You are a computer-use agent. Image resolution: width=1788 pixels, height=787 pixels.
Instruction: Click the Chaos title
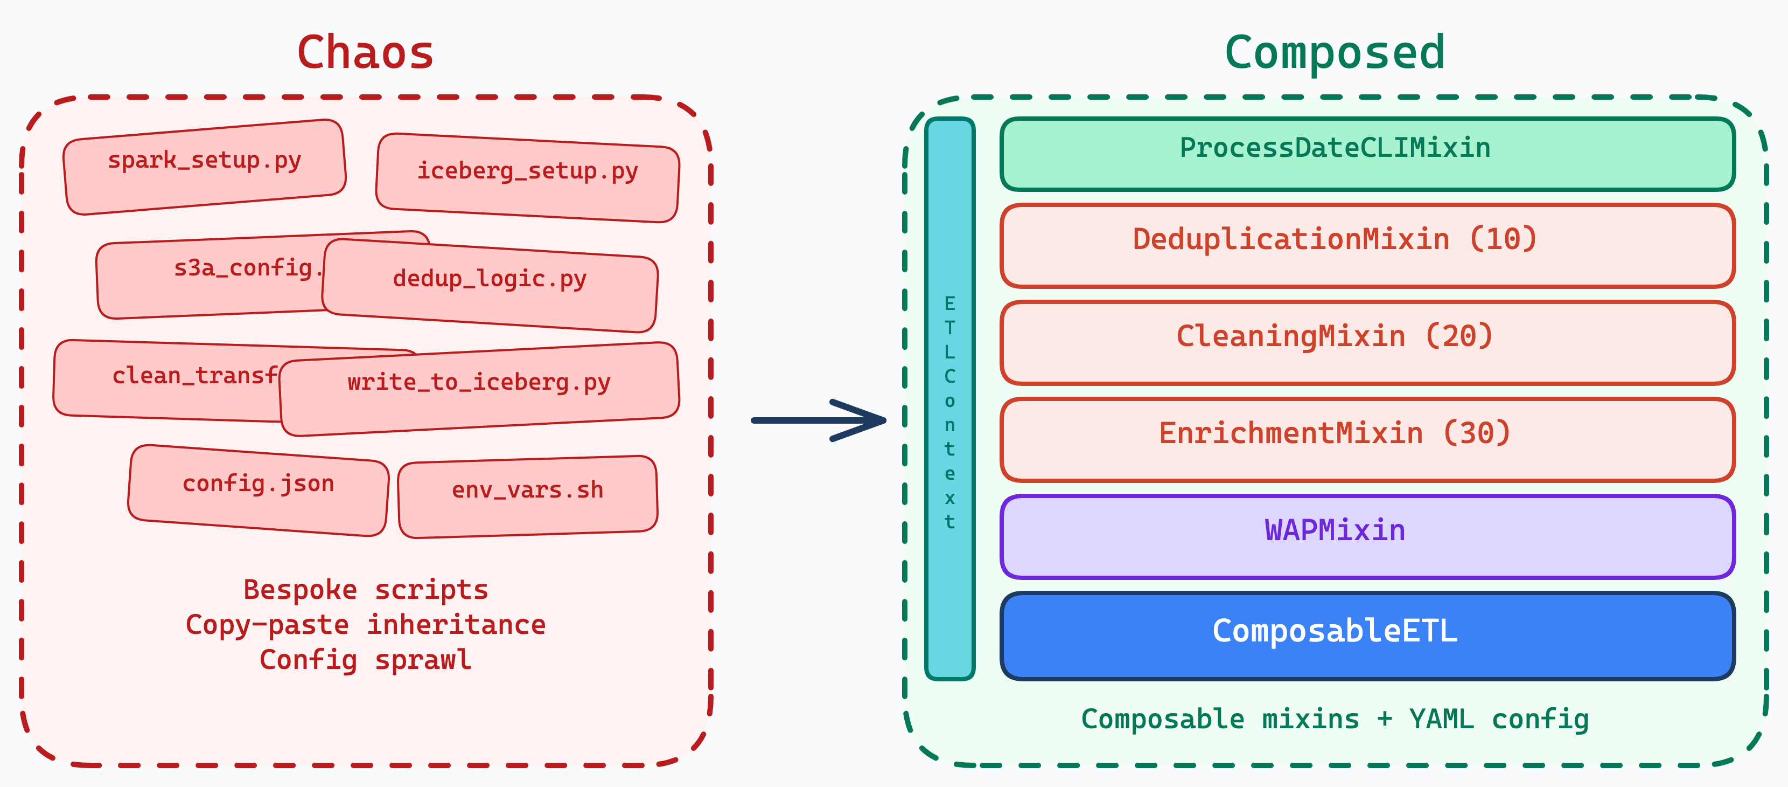pyautogui.click(x=365, y=53)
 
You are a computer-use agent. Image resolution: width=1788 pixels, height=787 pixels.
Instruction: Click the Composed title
pyautogui.click(x=1334, y=53)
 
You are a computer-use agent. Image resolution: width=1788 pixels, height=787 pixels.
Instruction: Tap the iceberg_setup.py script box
pyautogui.click(x=528, y=177)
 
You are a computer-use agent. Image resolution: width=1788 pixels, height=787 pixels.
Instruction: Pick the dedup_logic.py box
pyautogui.click(x=490, y=285)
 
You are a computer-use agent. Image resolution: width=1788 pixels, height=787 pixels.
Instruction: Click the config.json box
pyautogui.click(x=258, y=489)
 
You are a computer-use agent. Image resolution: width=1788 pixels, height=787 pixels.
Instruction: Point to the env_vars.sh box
pyautogui.click(x=528, y=496)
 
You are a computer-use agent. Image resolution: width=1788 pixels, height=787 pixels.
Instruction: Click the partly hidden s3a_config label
pyautogui.click(x=243, y=268)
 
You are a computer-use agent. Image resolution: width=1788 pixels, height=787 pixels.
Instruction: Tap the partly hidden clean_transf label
pyautogui.click(x=194, y=376)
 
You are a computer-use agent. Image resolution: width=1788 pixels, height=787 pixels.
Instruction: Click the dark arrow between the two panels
pyautogui.click(x=819, y=420)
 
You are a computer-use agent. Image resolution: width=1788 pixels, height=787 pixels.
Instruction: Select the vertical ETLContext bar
pyautogui.click(x=949, y=399)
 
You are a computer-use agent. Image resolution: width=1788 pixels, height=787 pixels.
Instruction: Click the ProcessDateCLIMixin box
pyautogui.click(x=1367, y=154)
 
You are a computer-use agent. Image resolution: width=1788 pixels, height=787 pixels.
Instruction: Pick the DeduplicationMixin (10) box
pyautogui.click(x=1367, y=245)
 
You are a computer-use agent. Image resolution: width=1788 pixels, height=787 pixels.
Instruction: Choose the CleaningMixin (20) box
pyautogui.click(x=1367, y=342)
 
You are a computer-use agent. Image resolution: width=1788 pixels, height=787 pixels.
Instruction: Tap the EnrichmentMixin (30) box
pyautogui.click(x=1367, y=440)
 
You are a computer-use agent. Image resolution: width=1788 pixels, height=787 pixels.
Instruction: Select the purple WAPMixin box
pyautogui.click(x=1367, y=536)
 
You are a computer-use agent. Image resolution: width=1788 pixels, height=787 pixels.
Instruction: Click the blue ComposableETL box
pyautogui.click(x=1367, y=636)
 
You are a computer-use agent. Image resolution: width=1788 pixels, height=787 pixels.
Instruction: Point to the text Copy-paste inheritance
pyautogui.click(x=365, y=624)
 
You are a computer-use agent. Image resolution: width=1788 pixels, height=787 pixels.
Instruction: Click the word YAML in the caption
pyautogui.click(x=1441, y=719)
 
